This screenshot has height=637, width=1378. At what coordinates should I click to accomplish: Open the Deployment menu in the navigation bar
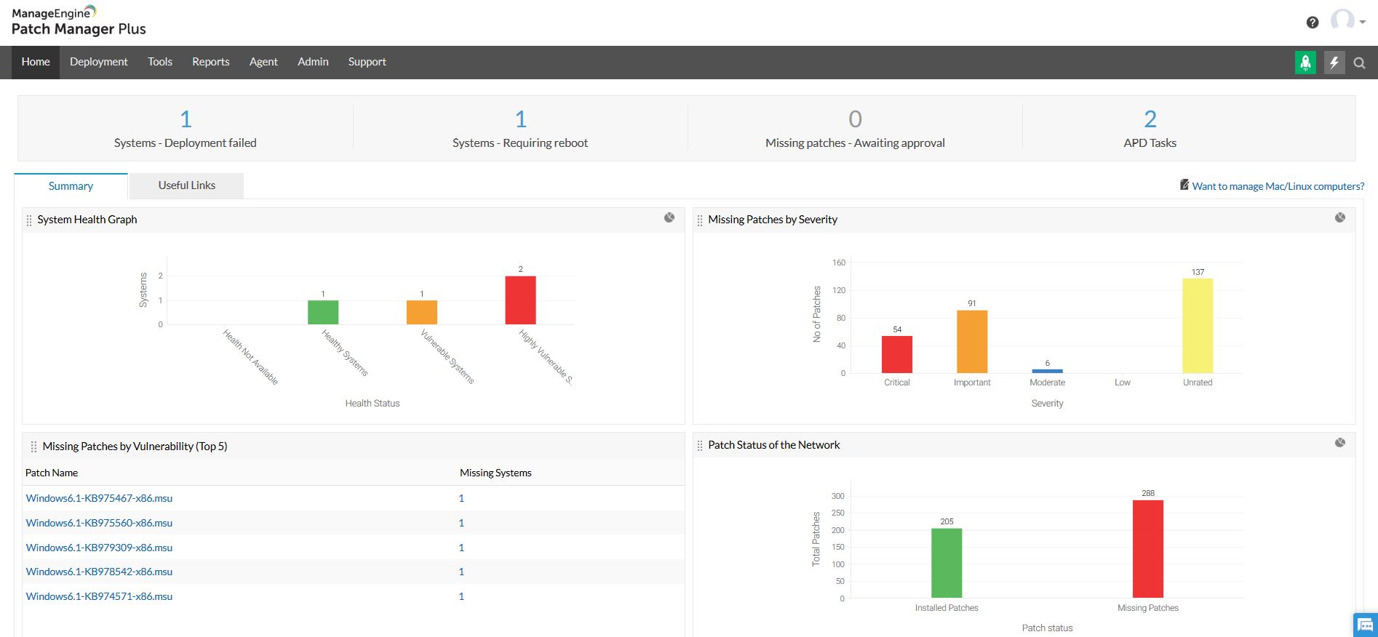98,62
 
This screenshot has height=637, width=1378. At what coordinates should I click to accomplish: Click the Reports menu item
210,62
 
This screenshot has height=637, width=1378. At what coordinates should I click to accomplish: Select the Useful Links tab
186,185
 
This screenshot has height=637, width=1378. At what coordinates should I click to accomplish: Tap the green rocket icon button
1305,63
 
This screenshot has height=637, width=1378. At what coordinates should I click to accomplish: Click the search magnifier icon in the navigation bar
1359,63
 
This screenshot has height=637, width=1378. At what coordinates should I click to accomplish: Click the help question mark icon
1313,23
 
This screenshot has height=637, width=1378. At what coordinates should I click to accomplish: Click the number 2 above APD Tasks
1150,119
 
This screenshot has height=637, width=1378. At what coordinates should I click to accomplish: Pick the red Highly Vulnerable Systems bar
520,300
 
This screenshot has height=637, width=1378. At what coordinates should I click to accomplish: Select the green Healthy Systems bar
323,312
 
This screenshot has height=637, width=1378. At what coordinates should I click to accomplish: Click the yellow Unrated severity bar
1197,326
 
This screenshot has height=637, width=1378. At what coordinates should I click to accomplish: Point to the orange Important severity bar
972,342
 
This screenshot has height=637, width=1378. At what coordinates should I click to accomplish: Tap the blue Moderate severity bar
1047,371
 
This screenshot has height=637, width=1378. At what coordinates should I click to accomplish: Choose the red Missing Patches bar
1147,549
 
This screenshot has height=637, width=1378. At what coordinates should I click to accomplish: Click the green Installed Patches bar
946,563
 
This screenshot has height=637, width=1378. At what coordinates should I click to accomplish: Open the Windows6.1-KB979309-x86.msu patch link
99,548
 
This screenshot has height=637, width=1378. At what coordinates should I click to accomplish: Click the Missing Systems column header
495,473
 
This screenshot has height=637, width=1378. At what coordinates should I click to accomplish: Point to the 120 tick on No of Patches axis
839,290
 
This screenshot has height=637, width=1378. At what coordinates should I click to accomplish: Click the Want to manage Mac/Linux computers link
1278,186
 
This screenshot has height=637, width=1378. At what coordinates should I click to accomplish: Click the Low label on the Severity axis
1122,382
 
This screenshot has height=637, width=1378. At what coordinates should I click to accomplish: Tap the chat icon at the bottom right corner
1365,625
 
